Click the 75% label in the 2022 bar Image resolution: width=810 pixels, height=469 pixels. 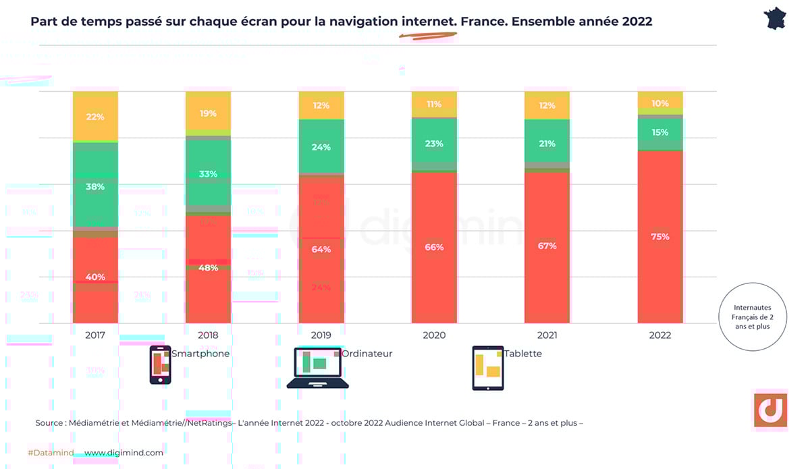pos(660,237)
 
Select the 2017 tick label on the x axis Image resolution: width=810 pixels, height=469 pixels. pos(95,335)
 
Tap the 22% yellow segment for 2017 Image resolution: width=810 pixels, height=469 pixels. pos(95,117)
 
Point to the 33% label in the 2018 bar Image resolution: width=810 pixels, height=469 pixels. pos(209,173)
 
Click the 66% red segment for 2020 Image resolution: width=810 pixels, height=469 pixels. pos(434,248)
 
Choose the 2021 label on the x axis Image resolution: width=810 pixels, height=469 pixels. pos(547,335)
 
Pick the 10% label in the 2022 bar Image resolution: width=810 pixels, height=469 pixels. pos(660,103)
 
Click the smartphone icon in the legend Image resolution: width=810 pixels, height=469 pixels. pos(160,365)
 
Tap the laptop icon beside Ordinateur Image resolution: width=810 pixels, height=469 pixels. pos(317,368)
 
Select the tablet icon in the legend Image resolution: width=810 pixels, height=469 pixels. pos(487,368)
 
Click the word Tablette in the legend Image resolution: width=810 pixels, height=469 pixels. pos(522,354)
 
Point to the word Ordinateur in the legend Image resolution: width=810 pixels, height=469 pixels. pos(367,354)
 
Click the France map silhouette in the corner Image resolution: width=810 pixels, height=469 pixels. pos(775,19)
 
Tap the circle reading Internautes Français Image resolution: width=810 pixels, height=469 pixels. pos(752,316)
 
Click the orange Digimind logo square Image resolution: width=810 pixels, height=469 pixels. pos(769,410)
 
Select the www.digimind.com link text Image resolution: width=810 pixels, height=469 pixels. pos(124,453)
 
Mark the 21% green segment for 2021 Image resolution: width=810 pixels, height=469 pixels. pos(547,144)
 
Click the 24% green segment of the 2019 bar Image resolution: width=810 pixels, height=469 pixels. pos(321,146)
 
